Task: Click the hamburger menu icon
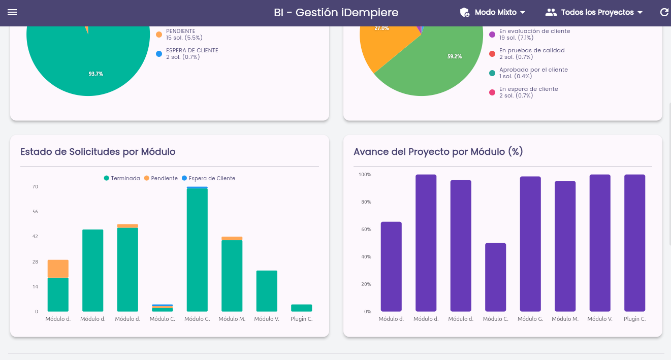point(12,12)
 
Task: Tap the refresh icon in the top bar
point(664,12)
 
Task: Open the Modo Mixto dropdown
point(493,12)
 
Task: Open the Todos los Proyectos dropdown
point(594,12)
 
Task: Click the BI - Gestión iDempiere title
point(336,13)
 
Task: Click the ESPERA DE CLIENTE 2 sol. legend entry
point(187,54)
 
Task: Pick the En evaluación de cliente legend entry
point(530,35)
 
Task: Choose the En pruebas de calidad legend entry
point(527,54)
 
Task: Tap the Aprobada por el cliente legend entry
point(528,73)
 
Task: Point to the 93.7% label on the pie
point(96,74)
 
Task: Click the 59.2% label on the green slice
point(455,56)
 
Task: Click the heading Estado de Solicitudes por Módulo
point(98,151)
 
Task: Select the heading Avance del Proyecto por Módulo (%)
point(438,151)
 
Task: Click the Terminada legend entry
point(122,178)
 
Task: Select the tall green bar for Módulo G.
point(197,250)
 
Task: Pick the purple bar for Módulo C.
point(495,277)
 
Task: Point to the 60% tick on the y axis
point(366,230)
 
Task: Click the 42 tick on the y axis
point(35,237)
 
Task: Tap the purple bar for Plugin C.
point(634,243)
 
